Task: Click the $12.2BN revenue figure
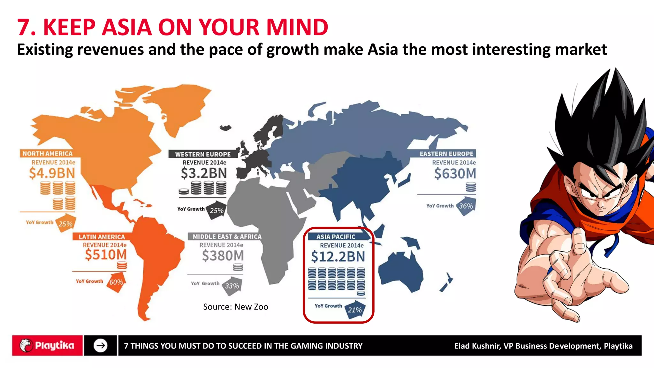pyautogui.click(x=338, y=257)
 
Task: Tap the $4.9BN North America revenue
pyautogui.click(x=52, y=173)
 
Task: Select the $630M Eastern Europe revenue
pyautogui.click(x=455, y=174)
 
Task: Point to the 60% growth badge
pyautogui.click(x=116, y=282)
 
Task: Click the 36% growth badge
pyautogui.click(x=466, y=206)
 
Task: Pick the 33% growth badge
pyautogui.click(x=232, y=286)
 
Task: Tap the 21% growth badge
pyautogui.click(x=355, y=310)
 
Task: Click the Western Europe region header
pyautogui.click(x=203, y=154)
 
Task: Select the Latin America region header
pyautogui.click(x=102, y=237)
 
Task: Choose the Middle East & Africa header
pyautogui.click(x=227, y=237)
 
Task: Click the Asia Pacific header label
pyautogui.click(x=336, y=237)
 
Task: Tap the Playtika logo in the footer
pyautogui.click(x=47, y=346)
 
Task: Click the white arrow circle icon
pyautogui.click(x=101, y=346)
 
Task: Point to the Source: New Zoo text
pyautogui.click(x=236, y=307)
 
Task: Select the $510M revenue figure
pyautogui.click(x=106, y=255)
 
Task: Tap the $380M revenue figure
pyautogui.click(x=223, y=256)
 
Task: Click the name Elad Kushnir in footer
pyautogui.click(x=477, y=346)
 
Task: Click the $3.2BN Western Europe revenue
pyautogui.click(x=204, y=173)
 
